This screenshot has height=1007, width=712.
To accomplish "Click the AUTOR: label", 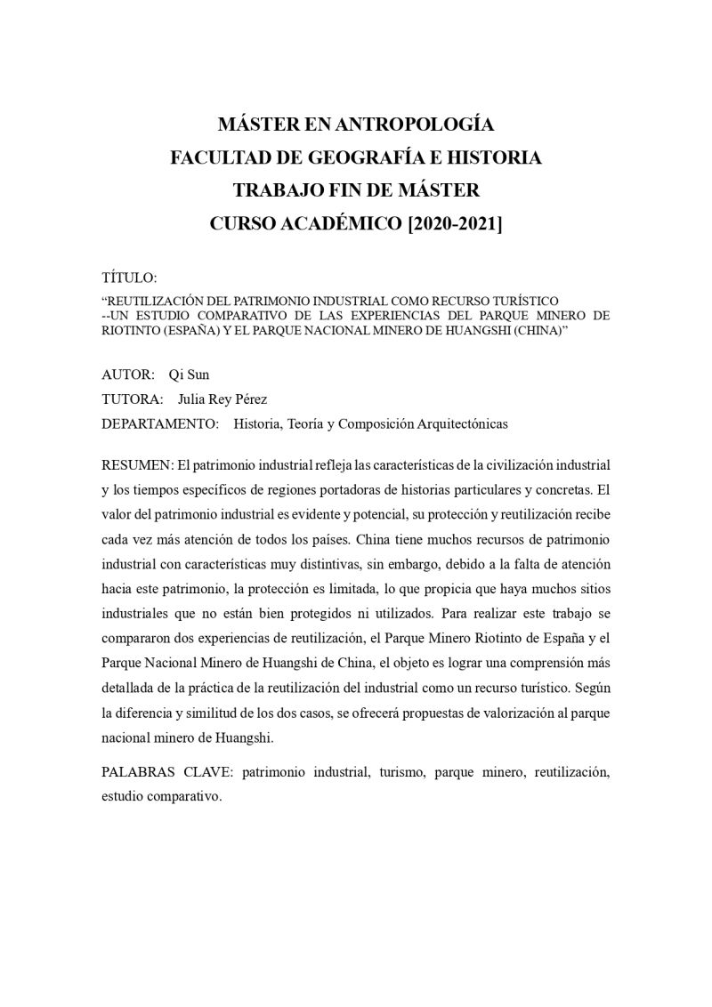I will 128,375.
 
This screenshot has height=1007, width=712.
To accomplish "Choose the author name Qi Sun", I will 189,375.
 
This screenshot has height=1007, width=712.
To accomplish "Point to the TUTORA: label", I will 133,399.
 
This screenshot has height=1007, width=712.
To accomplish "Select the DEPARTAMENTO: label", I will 160,424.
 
